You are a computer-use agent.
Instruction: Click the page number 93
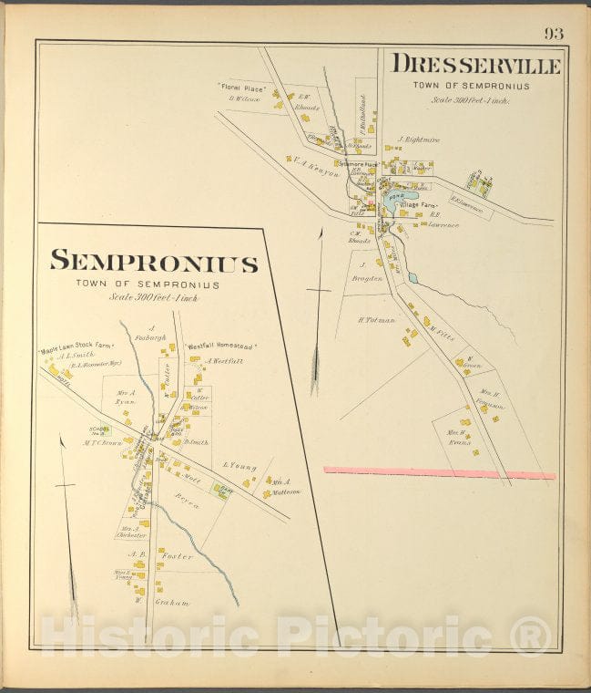click(x=554, y=34)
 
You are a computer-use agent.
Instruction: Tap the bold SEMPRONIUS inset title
click(x=154, y=263)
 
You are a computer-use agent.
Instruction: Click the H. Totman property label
click(x=374, y=320)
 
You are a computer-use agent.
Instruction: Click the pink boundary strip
click(x=440, y=472)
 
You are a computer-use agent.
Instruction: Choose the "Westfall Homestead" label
click(x=221, y=347)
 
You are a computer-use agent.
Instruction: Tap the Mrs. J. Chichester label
click(x=129, y=533)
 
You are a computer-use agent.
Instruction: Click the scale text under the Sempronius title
click(x=154, y=297)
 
